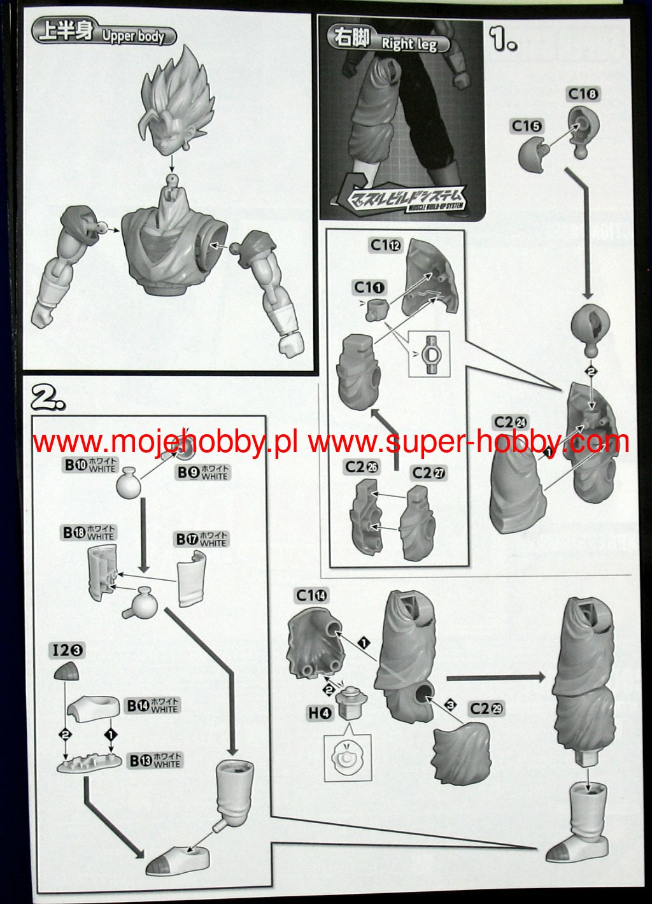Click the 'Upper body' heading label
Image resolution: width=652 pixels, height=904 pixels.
pyautogui.click(x=104, y=34)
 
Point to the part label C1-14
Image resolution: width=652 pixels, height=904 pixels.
pyautogui.click(x=311, y=595)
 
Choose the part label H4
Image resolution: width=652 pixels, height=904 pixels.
pyautogui.click(x=320, y=714)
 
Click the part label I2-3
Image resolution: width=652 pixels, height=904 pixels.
pyautogui.click(x=68, y=650)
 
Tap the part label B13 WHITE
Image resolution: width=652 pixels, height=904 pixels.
pyautogui.click(x=155, y=760)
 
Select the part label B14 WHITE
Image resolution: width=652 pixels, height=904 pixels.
pyautogui.click(x=152, y=705)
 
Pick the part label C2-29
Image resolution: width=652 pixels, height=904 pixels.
pyautogui.click(x=486, y=709)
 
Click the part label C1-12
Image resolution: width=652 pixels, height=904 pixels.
pyautogui.click(x=385, y=245)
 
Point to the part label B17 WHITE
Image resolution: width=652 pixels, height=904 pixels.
pyautogui.click(x=201, y=539)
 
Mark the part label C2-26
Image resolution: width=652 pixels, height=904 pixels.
pyautogui.click(x=362, y=467)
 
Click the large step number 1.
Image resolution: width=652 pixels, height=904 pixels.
pyautogui.click(x=503, y=39)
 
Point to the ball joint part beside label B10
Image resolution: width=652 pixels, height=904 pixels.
pyautogui.click(x=132, y=481)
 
